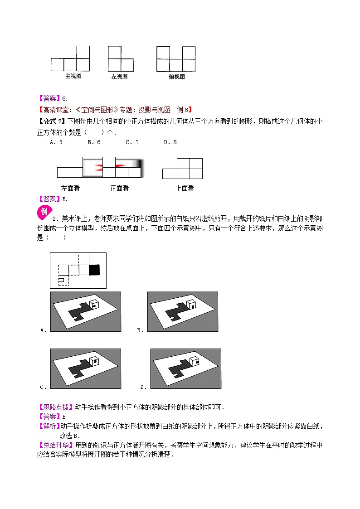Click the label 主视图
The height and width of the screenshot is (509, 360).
tap(73, 76)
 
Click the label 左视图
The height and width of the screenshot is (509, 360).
tap(119, 76)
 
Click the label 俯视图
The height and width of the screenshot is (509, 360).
tap(176, 77)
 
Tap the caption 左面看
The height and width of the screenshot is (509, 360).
tap(70, 188)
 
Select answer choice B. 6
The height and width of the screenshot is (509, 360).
tap(94, 142)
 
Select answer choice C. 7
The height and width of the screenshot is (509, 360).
tap(132, 142)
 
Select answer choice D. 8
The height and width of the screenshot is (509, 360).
tap(170, 142)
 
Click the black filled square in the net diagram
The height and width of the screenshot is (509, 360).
tap(94, 270)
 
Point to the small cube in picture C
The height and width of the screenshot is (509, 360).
tap(94, 361)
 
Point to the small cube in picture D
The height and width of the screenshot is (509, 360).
tap(194, 361)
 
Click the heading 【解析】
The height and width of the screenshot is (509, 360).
tap(48, 426)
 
